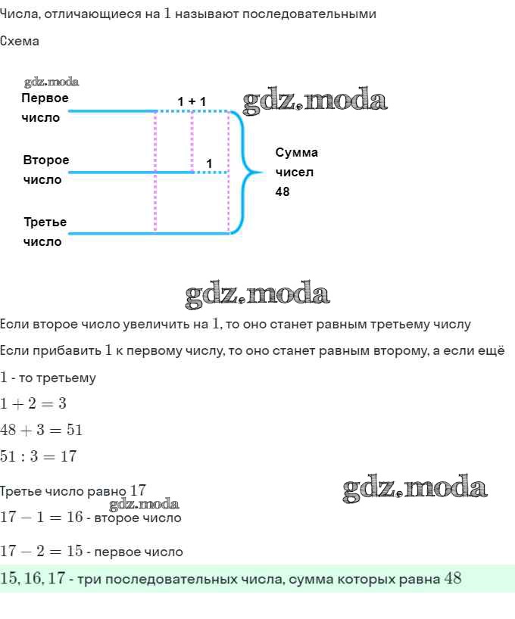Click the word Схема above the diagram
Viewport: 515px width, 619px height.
click(20, 42)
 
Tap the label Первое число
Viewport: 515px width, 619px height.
click(45, 108)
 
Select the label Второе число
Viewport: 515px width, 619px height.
click(45, 170)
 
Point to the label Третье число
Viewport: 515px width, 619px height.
click(45, 232)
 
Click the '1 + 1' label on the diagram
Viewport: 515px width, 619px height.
click(192, 101)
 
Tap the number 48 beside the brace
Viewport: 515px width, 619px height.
click(282, 192)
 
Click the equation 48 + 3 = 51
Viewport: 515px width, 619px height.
click(41, 431)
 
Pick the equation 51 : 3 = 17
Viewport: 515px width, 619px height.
click(38, 457)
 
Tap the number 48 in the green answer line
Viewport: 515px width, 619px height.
click(452, 579)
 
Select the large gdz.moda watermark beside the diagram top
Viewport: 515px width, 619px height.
click(315, 101)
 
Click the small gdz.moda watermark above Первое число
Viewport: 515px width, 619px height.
click(51, 82)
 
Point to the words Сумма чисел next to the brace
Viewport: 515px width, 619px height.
click(296, 162)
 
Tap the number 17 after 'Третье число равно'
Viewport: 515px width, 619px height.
click(138, 490)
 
